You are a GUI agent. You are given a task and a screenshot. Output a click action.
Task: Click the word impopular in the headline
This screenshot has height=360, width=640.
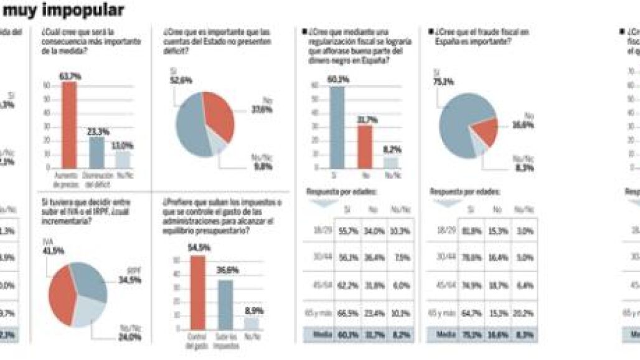point(85,9)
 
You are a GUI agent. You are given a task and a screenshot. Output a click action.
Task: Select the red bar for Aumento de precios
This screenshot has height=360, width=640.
point(69,125)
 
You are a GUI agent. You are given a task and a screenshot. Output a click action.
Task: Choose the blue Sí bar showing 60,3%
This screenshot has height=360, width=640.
point(337,128)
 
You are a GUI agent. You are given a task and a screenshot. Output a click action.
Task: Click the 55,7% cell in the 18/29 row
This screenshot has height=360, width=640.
point(349,230)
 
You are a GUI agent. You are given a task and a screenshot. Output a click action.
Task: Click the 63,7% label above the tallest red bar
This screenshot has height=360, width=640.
point(70,76)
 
